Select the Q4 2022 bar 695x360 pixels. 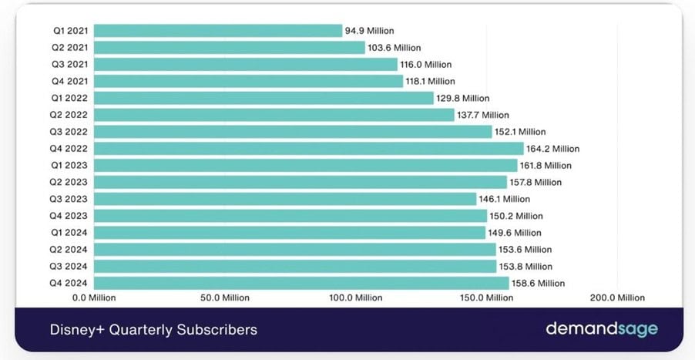click(310, 149)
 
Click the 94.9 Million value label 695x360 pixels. click(369, 31)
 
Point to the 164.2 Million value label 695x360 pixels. click(552, 149)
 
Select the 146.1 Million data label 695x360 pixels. click(505, 199)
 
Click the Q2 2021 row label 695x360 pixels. click(70, 48)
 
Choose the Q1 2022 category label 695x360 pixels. click(70, 98)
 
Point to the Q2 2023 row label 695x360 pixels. click(70, 182)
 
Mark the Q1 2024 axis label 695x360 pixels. click(70, 233)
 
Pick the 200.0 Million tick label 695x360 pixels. click(616, 298)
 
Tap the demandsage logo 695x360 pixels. click(602, 329)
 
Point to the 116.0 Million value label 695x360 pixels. click(425, 65)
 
